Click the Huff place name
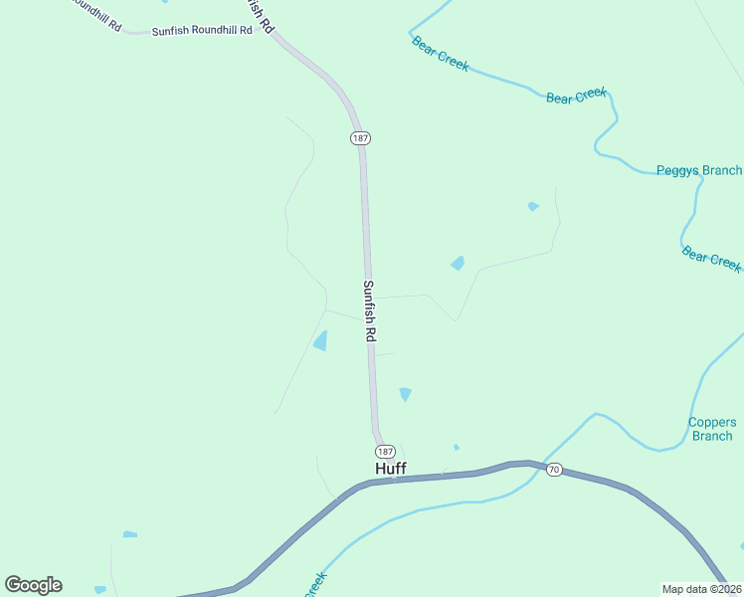pyautogui.click(x=390, y=468)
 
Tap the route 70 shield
pyautogui.click(x=554, y=470)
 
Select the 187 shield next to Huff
pyautogui.click(x=386, y=451)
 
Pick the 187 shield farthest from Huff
pyautogui.click(x=360, y=138)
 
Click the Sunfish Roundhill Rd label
pyautogui.click(x=202, y=31)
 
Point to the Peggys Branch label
pyautogui.click(x=698, y=170)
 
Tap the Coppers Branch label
pyautogui.click(x=712, y=429)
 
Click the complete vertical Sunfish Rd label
pyautogui.click(x=368, y=311)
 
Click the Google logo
pyautogui.click(x=34, y=585)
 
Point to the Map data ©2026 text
pyautogui.click(x=700, y=588)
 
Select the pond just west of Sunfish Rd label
pyautogui.click(x=320, y=341)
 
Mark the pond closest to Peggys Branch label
pyautogui.click(x=533, y=207)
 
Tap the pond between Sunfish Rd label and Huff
pyautogui.click(x=405, y=394)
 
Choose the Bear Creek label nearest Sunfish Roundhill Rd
pyautogui.click(x=440, y=55)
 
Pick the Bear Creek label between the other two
pyautogui.click(x=576, y=96)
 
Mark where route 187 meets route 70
pyautogui.click(x=392, y=480)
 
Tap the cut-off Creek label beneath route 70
pyautogui.click(x=314, y=582)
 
